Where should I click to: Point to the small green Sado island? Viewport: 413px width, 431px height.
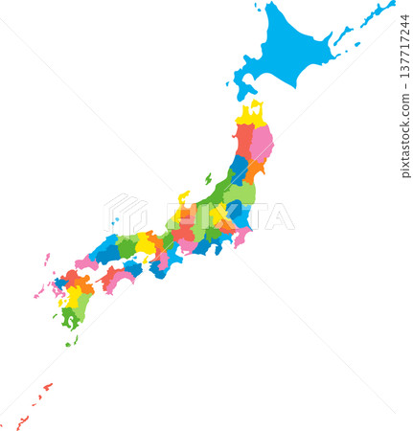(208, 178)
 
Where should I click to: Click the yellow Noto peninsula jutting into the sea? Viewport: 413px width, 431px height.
(182, 198)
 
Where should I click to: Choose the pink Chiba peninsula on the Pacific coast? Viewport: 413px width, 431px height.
(241, 236)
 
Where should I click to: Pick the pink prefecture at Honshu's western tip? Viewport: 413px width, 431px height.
(85, 261)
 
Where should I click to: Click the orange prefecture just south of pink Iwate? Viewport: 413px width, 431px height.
(255, 170)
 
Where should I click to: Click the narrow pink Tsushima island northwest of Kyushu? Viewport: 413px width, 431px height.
(46, 260)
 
